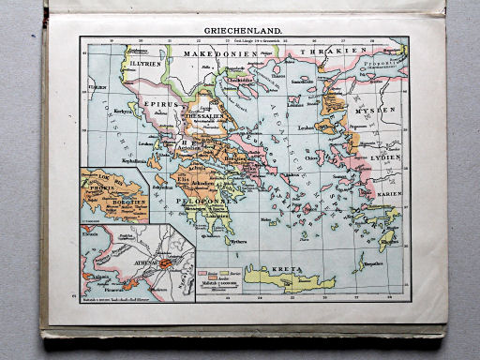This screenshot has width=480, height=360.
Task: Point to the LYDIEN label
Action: pyautogui.click(x=384, y=157)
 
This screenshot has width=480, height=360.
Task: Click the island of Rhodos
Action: pyautogui.click(x=387, y=239)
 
